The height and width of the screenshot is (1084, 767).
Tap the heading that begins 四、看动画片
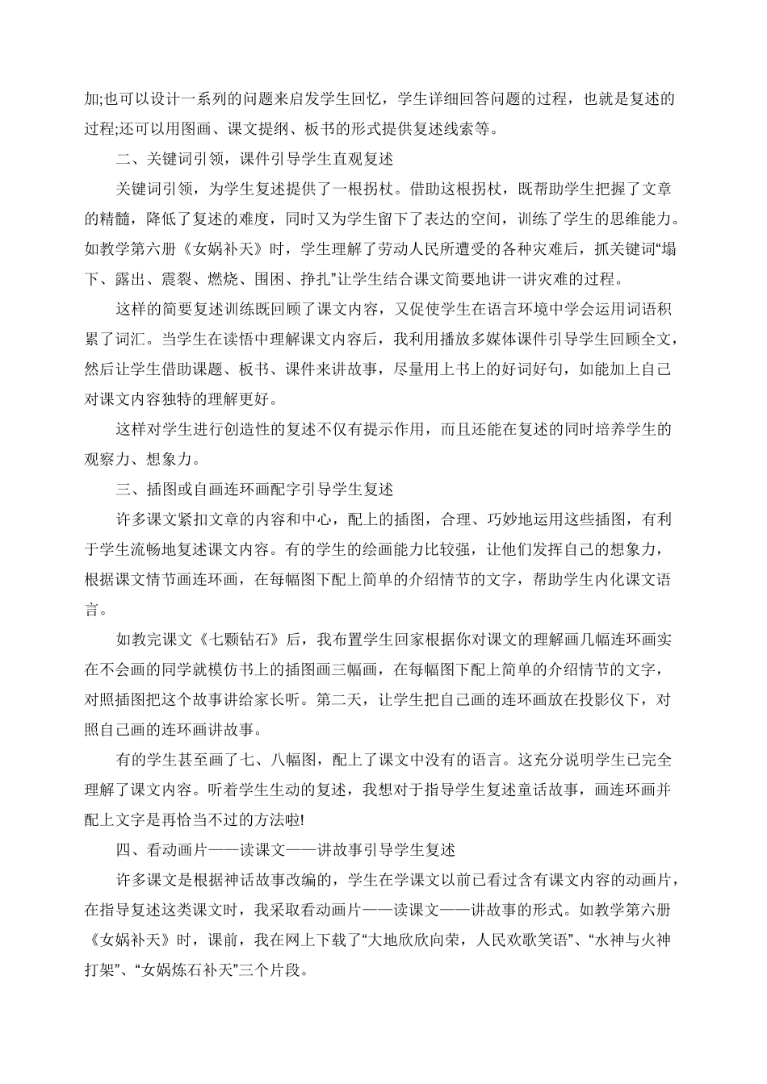(286, 850)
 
